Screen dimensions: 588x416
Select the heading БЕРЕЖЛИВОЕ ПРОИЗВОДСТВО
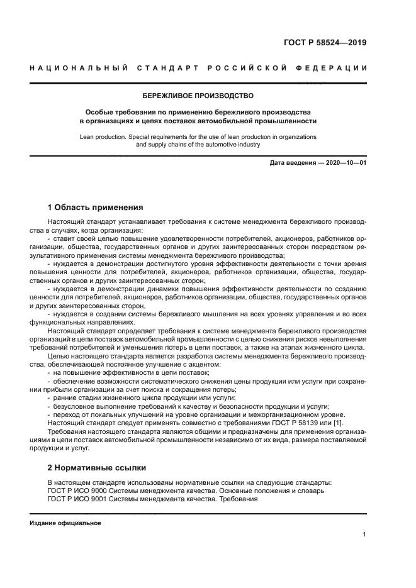pos(198,96)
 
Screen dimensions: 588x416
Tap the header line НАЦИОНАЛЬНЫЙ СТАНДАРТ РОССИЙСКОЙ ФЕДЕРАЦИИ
pos(198,68)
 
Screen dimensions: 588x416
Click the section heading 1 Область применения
pos(96,207)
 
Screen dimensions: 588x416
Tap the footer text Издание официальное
pos(65,523)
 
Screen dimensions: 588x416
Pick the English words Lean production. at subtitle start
pos(104,136)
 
